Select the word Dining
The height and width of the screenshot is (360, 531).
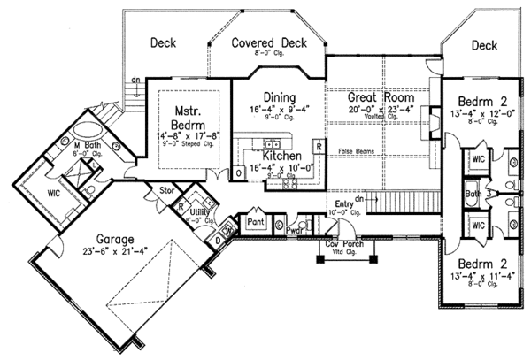point(279,96)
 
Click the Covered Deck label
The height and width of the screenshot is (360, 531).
point(267,42)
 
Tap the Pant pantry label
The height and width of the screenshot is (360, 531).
point(257,221)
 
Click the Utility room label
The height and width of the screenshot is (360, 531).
point(198,212)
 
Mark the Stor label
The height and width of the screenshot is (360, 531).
point(165,189)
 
